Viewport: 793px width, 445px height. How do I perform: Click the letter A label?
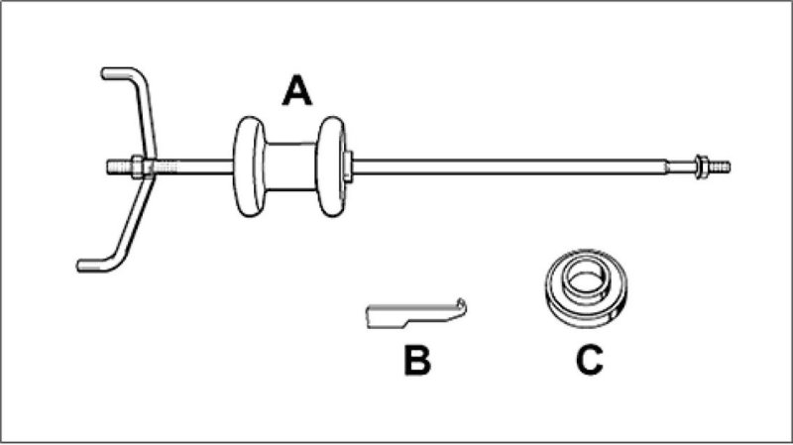tap(296, 92)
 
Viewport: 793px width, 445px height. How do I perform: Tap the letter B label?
tap(416, 360)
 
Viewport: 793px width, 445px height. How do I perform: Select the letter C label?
tap(589, 360)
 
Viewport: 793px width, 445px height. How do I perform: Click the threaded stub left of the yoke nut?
tap(118, 167)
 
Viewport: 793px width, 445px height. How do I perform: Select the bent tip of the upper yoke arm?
tap(111, 73)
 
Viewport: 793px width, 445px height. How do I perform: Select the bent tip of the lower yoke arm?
tap(87, 264)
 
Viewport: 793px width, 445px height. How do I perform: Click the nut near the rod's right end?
tap(701, 167)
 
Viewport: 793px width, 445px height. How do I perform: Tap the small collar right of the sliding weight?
tap(349, 166)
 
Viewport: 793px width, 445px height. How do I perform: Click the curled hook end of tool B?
tap(461, 305)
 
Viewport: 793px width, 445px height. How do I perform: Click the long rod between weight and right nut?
tap(515, 167)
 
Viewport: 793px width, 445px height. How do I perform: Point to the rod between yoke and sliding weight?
tap(193, 167)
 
